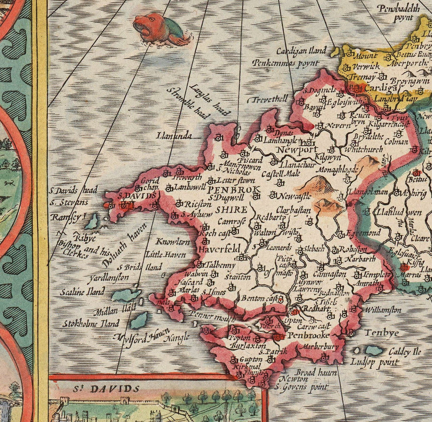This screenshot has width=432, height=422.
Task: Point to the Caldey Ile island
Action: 374,350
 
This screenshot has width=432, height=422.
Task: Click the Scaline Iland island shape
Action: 126,295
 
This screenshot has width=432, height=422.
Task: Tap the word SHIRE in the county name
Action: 231,210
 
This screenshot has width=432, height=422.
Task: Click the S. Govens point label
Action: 302,386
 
